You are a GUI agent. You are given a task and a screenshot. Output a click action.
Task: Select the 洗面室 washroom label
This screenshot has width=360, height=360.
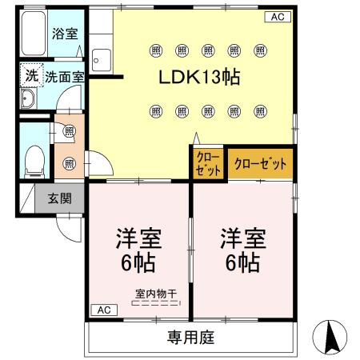(x=65, y=78)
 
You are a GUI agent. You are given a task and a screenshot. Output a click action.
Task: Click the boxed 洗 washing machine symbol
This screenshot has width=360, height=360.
(x=30, y=77)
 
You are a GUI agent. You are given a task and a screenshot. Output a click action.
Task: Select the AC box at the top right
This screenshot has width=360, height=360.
(x=275, y=16)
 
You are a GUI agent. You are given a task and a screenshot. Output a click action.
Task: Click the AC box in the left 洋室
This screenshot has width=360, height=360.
(x=104, y=310)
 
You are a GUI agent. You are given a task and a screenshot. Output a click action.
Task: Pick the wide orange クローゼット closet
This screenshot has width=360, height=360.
(x=259, y=162)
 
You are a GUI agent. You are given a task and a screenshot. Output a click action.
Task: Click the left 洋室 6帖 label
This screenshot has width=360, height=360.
(x=138, y=250)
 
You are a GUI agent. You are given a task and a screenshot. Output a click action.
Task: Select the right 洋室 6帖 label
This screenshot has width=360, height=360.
(x=241, y=250)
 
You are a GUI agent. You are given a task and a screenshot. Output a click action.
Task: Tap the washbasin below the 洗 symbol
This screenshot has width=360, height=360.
(x=28, y=100)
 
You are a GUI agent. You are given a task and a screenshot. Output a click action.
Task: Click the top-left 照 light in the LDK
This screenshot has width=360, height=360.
(x=154, y=50)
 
